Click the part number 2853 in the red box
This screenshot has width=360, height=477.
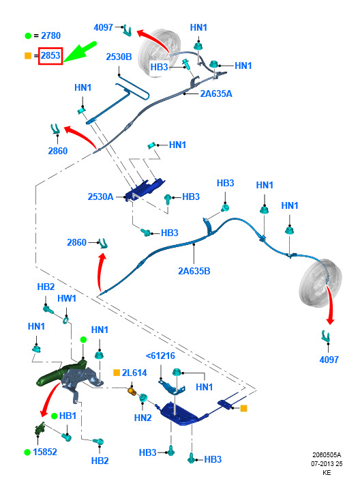(50, 56)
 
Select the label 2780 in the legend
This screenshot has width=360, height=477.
(50, 35)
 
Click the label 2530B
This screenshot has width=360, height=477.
(119, 57)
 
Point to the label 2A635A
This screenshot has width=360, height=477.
(216, 93)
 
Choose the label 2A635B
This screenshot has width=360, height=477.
(194, 271)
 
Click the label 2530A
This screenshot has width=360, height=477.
(100, 197)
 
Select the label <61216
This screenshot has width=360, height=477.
(160, 356)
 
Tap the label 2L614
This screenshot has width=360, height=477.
(134, 373)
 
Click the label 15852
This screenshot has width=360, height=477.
(45, 452)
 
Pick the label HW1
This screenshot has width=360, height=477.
(67, 298)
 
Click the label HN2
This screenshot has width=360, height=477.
(143, 418)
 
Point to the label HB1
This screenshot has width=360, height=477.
(67, 416)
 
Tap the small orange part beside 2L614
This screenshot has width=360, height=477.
(131, 390)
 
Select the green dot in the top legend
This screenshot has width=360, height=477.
(28, 36)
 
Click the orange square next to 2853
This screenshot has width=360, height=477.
(28, 56)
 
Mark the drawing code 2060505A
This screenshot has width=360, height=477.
(327, 455)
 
